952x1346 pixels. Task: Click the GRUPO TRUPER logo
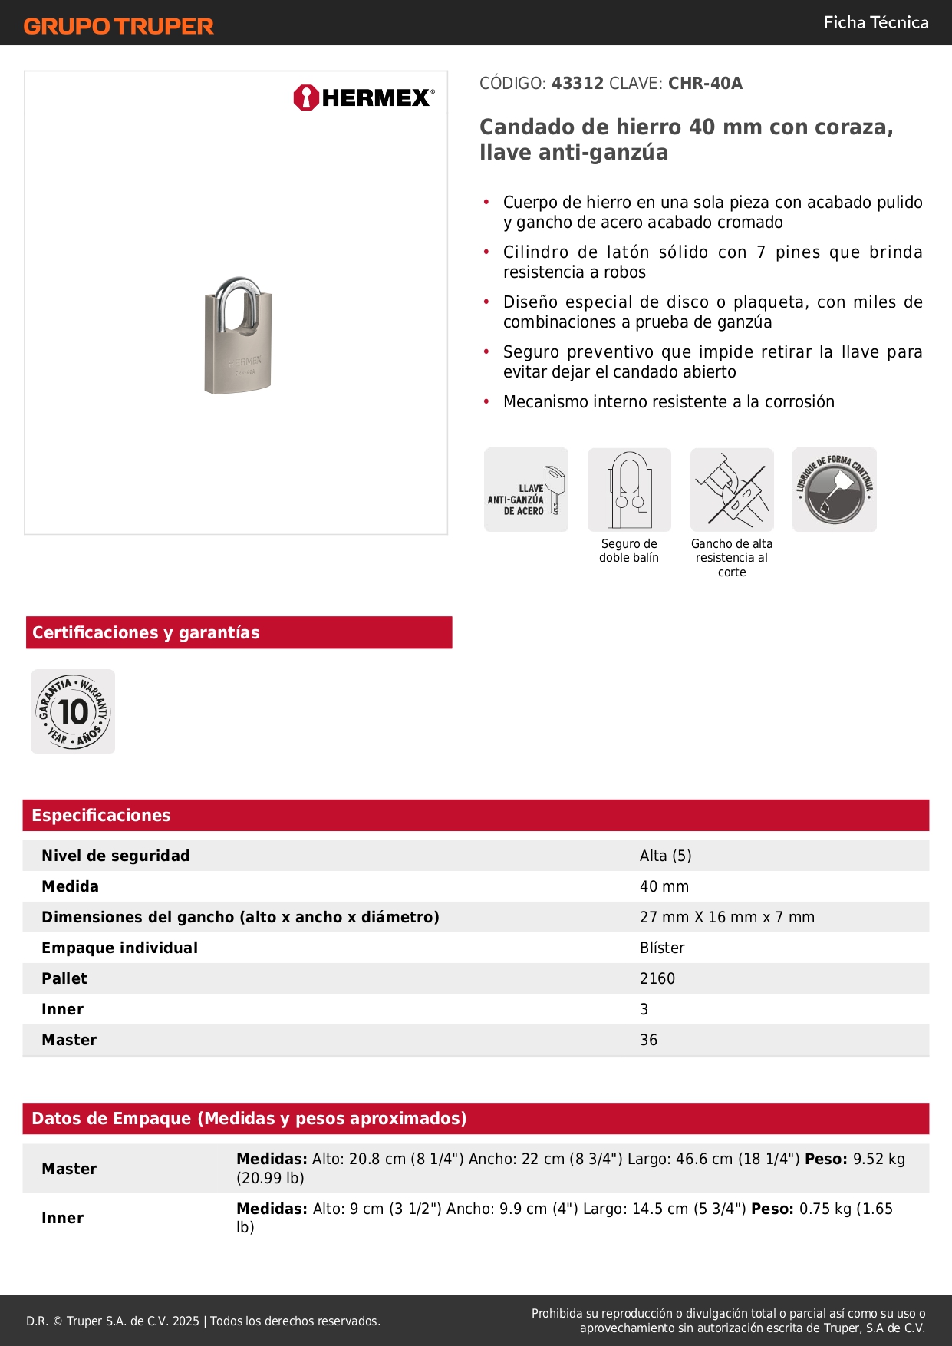point(118,26)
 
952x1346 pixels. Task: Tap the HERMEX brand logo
point(364,97)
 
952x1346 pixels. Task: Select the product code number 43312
point(578,84)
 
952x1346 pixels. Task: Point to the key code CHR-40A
point(705,84)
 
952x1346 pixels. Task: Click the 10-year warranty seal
point(73,711)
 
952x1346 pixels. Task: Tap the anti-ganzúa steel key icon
point(526,490)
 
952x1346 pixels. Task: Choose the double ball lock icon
point(629,490)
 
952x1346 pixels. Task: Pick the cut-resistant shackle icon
point(732,490)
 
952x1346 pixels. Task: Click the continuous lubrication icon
point(835,490)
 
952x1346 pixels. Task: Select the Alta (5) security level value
point(665,856)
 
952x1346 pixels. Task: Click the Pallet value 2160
point(657,978)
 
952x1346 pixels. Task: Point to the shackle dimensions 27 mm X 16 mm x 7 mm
point(726,917)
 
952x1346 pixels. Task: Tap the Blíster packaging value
point(662,948)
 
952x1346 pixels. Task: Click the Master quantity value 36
point(648,1040)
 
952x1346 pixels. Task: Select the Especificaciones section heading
point(101,815)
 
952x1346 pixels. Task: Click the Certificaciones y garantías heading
point(146,632)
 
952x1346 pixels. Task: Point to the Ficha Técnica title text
point(875,23)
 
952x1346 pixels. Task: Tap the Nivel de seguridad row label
point(116,856)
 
